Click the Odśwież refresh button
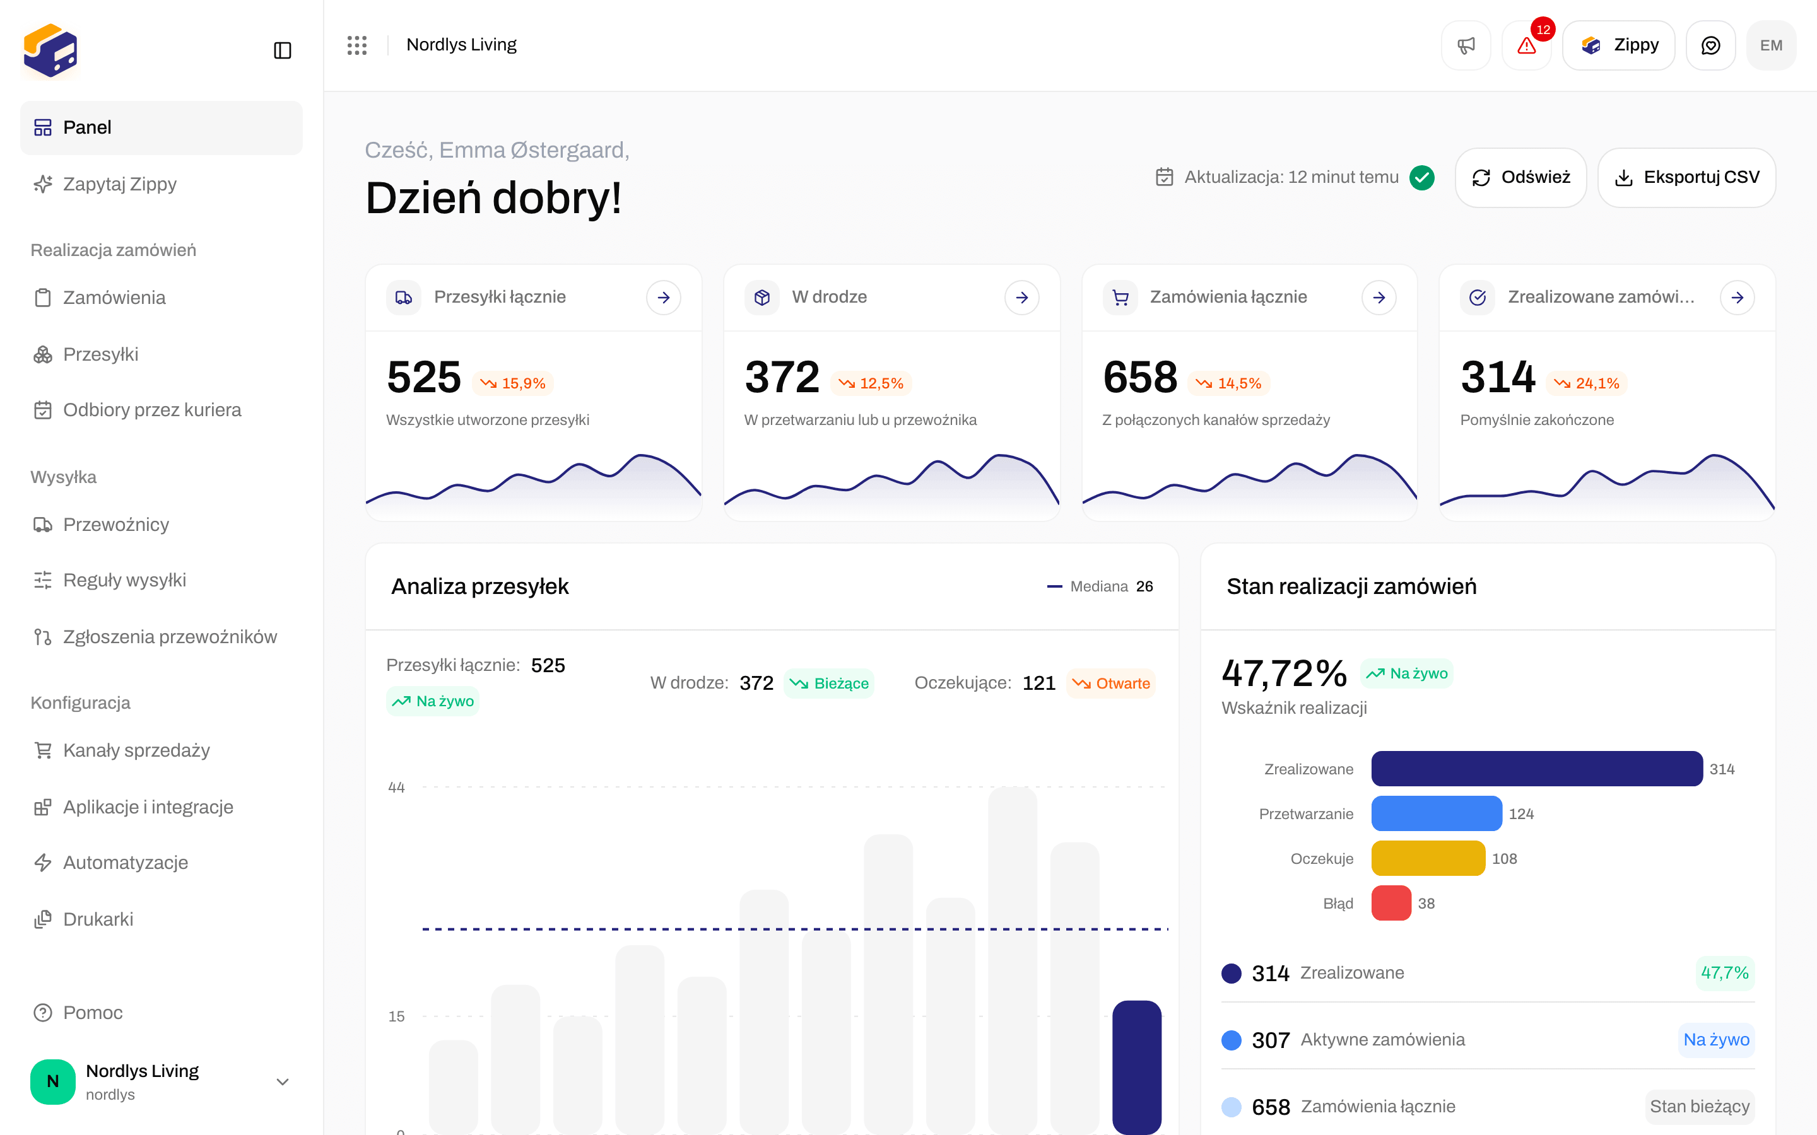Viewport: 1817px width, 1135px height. tap(1520, 177)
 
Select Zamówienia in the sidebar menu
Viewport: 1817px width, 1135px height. tap(114, 298)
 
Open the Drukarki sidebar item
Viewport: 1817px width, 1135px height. tap(98, 919)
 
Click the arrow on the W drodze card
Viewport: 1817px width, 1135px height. tap(1022, 298)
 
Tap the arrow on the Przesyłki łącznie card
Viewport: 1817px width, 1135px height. tap(664, 298)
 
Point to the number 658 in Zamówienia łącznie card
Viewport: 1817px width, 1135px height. tap(1140, 377)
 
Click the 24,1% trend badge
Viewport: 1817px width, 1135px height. tap(1587, 383)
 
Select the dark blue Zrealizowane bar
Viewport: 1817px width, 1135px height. tap(1537, 769)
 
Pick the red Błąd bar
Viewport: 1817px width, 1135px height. tap(1391, 903)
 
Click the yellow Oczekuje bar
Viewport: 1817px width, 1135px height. tap(1428, 858)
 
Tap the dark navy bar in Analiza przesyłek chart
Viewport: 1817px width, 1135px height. tap(1137, 1067)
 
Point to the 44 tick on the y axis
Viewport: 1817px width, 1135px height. tap(396, 788)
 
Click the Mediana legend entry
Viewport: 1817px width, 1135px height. tap(1100, 586)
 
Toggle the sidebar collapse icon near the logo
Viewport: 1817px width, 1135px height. tap(282, 50)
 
